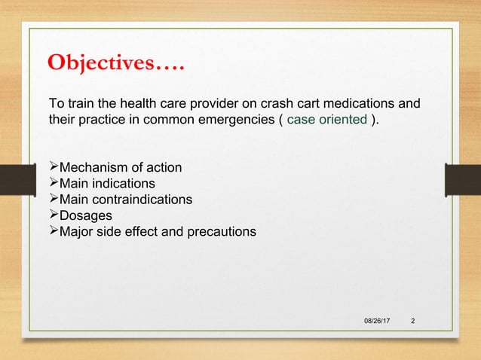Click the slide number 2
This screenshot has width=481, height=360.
tap(412, 322)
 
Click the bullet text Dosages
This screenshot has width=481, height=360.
tap(85, 217)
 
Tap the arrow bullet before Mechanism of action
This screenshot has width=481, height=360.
tap(53, 166)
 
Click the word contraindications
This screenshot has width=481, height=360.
tap(142, 200)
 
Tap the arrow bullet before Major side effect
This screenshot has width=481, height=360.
tap(53, 233)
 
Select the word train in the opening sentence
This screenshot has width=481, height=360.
tap(80, 102)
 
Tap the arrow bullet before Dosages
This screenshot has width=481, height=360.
tap(53, 217)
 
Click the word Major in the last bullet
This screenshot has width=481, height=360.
tap(77, 233)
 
